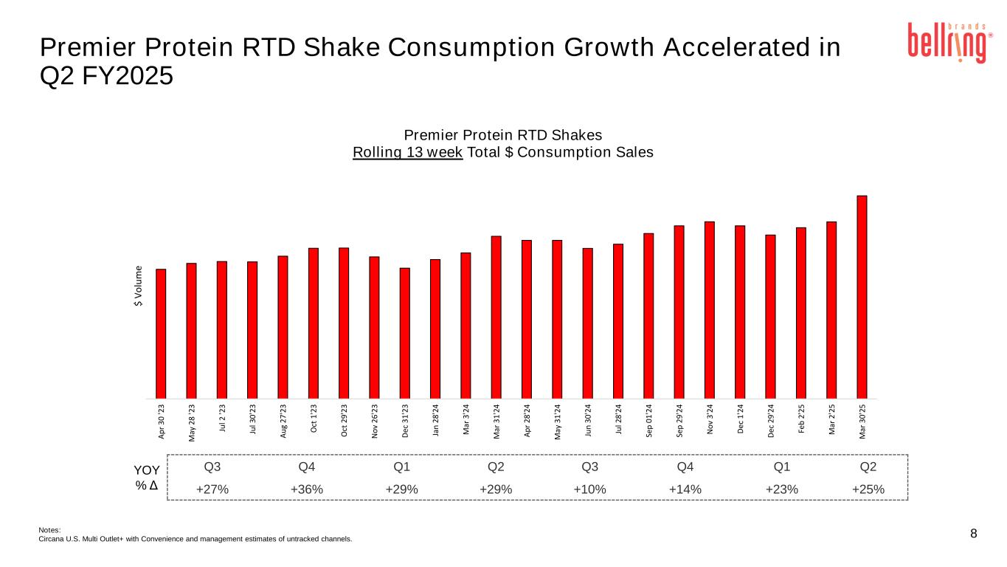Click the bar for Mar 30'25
pyautogui.click(x=862, y=296)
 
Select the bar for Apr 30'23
pyautogui.click(x=161, y=333)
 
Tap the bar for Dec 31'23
pyautogui.click(x=404, y=332)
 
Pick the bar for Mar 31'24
pyautogui.click(x=496, y=317)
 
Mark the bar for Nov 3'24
pyautogui.click(x=710, y=309)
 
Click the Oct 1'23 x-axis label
pyautogui.click(x=314, y=419)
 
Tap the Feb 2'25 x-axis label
pyautogui.click(x=801, y=419)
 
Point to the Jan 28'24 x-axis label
pyautogui.click(x=436, y=420)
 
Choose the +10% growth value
pyautogui.click(x=589, y=489)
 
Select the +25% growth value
pyautogui.click(x=868, y=489)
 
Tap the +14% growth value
pyautogui.click(x=685, y=489)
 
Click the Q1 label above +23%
pyautogui.click(x=781, y=467)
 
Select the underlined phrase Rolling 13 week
pyautogui.click(x=408, y=152)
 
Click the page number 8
pyautogui.click(x=974, y=534)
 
